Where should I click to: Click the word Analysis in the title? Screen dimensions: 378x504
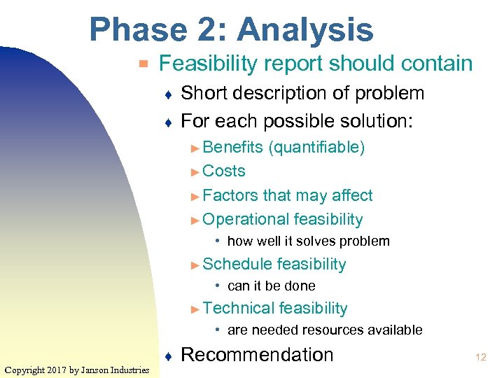(305, 31)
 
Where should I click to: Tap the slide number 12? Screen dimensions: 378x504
(480, 357)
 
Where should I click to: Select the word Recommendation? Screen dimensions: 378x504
(257, 355)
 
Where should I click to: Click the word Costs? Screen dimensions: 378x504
(224, 171)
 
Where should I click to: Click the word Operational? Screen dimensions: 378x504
(246, 220)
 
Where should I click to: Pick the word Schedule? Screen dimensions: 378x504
(237, 264)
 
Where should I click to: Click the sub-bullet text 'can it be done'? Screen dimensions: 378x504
(271, 286)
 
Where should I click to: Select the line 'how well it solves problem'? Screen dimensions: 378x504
(308, 241)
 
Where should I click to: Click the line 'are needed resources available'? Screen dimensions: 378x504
(325, 330)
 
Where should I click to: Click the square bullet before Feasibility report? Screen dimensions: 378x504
(143, 64)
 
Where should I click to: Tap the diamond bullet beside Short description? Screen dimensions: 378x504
(168, 94)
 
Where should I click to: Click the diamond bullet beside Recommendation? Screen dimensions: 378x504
(168, 356)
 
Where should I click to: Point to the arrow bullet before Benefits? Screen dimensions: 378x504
(195, 148)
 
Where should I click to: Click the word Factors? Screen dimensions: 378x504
(230, 195)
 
